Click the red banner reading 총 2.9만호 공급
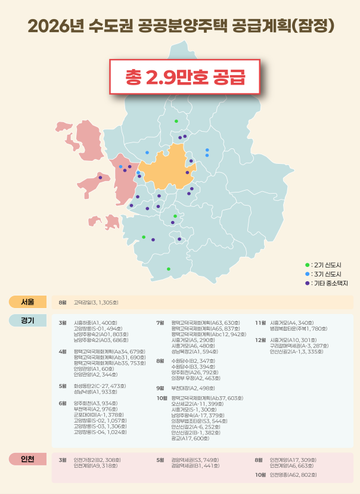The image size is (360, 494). (x=185, y=76)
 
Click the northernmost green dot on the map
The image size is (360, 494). (x=176, y=121)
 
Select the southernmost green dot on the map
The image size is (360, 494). (x=169, y=269)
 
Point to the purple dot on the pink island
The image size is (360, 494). (x=100, y=178)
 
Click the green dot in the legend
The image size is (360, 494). (x=307, y=264)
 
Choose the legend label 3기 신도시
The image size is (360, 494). (x=326, y=274)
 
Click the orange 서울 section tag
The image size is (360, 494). (x=27, y=302)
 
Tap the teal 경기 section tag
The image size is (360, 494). (x=27, y=320)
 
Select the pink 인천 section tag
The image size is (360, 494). (x=27, y=459)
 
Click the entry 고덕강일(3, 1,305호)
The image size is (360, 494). (x=96, y=303)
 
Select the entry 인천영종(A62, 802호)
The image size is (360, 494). (x=293, y=475)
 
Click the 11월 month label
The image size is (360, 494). (x=260, y=322)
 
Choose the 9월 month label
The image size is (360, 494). (x=160, y=388)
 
